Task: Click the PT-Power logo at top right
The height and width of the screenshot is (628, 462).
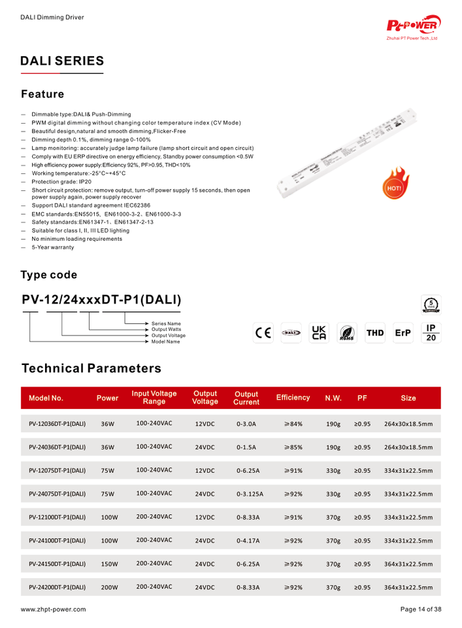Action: click(x=414, y=27)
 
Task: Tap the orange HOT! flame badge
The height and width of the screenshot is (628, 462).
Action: click(x=395, y=183)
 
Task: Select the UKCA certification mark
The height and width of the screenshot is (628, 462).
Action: click(x=319, y=332)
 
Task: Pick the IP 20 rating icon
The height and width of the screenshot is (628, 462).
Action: click(x=431, y=332)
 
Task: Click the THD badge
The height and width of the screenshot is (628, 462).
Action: click(x=375, y=332)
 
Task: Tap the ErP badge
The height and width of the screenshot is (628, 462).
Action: click(x=403, y=332)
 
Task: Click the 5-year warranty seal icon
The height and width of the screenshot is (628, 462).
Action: click(x=431, y=304)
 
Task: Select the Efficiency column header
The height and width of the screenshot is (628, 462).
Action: click(x=293, y=398)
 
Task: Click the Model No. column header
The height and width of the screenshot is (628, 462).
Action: click(x=46, y=398)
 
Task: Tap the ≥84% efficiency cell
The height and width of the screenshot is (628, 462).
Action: click(x=293, y=424)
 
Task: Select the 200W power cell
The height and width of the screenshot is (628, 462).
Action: click(x=108, y=587)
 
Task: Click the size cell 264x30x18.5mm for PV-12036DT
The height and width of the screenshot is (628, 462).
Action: click(x=408, y=424)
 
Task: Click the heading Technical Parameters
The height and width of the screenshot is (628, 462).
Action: click(x=91, y=368)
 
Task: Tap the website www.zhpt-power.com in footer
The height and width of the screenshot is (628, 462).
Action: click(x=53, y=609)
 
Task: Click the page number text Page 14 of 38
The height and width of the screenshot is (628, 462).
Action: click(x=420, y=609)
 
